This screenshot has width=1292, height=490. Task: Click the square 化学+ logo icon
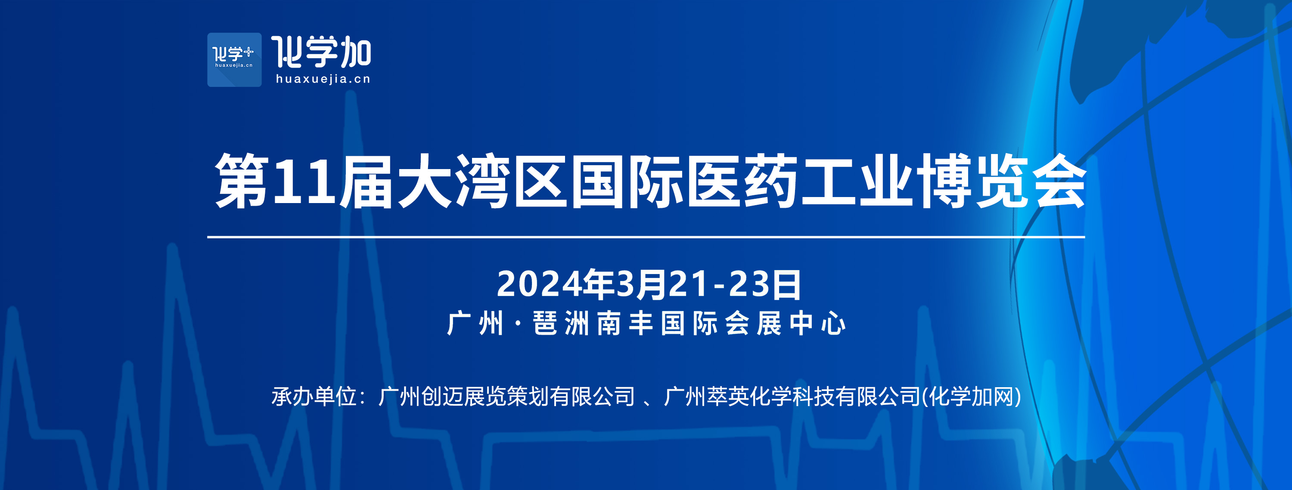[x=234, y=60]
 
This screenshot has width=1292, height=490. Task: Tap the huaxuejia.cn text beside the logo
[x=323, y=79]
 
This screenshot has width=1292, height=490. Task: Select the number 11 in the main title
[x=304, y=181]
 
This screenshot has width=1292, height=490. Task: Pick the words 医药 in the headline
[x=742, y=180]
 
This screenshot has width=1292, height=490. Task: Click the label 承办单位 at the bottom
[x=314, y=396]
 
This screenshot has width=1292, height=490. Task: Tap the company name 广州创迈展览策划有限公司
[x=506, y=396]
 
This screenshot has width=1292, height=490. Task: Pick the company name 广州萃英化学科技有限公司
[x=792, y=396]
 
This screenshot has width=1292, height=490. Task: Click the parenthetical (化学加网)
[x=972, y=396]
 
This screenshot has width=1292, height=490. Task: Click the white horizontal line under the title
[x=646, y=237]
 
